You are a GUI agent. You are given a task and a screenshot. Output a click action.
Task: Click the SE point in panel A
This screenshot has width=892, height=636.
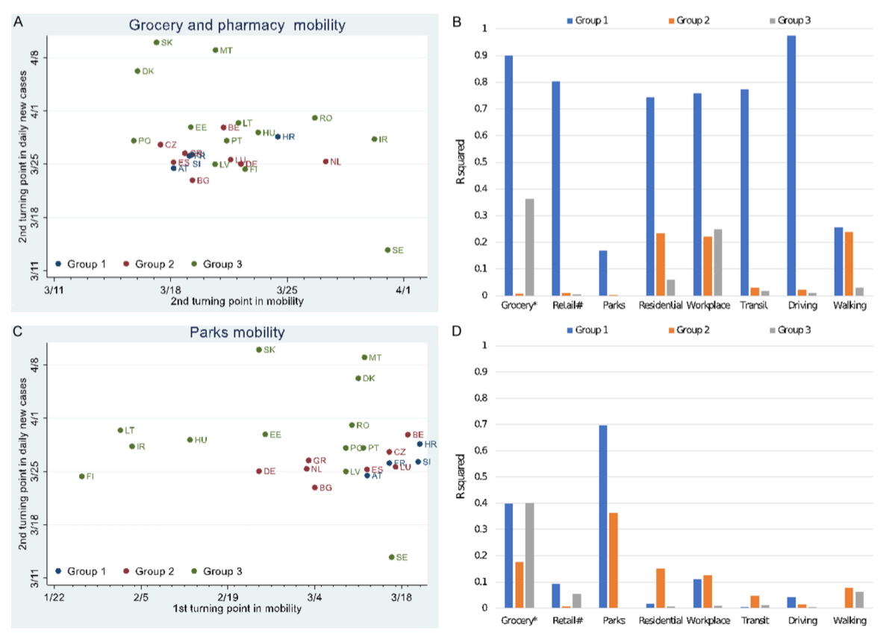(387, 250)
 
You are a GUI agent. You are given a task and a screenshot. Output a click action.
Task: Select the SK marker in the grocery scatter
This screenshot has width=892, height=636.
(156, 42)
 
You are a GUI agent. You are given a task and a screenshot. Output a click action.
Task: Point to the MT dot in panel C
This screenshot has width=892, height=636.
(364, 357)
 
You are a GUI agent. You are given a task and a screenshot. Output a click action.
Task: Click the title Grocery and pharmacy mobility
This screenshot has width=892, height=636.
(237, 25)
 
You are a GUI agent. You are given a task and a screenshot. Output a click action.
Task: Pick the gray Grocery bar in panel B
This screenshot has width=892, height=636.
(529, 247)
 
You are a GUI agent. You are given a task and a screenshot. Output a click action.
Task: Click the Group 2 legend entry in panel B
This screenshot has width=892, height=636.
(689, 20)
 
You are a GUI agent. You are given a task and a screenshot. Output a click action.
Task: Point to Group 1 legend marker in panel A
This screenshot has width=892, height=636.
(59, 264)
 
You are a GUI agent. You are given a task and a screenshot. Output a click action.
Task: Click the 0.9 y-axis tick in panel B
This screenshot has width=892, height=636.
(486, 55)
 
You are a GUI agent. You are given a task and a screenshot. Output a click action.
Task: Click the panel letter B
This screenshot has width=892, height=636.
(458, 23)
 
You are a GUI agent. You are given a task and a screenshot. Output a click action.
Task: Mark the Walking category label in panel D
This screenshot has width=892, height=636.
(850, 620)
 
